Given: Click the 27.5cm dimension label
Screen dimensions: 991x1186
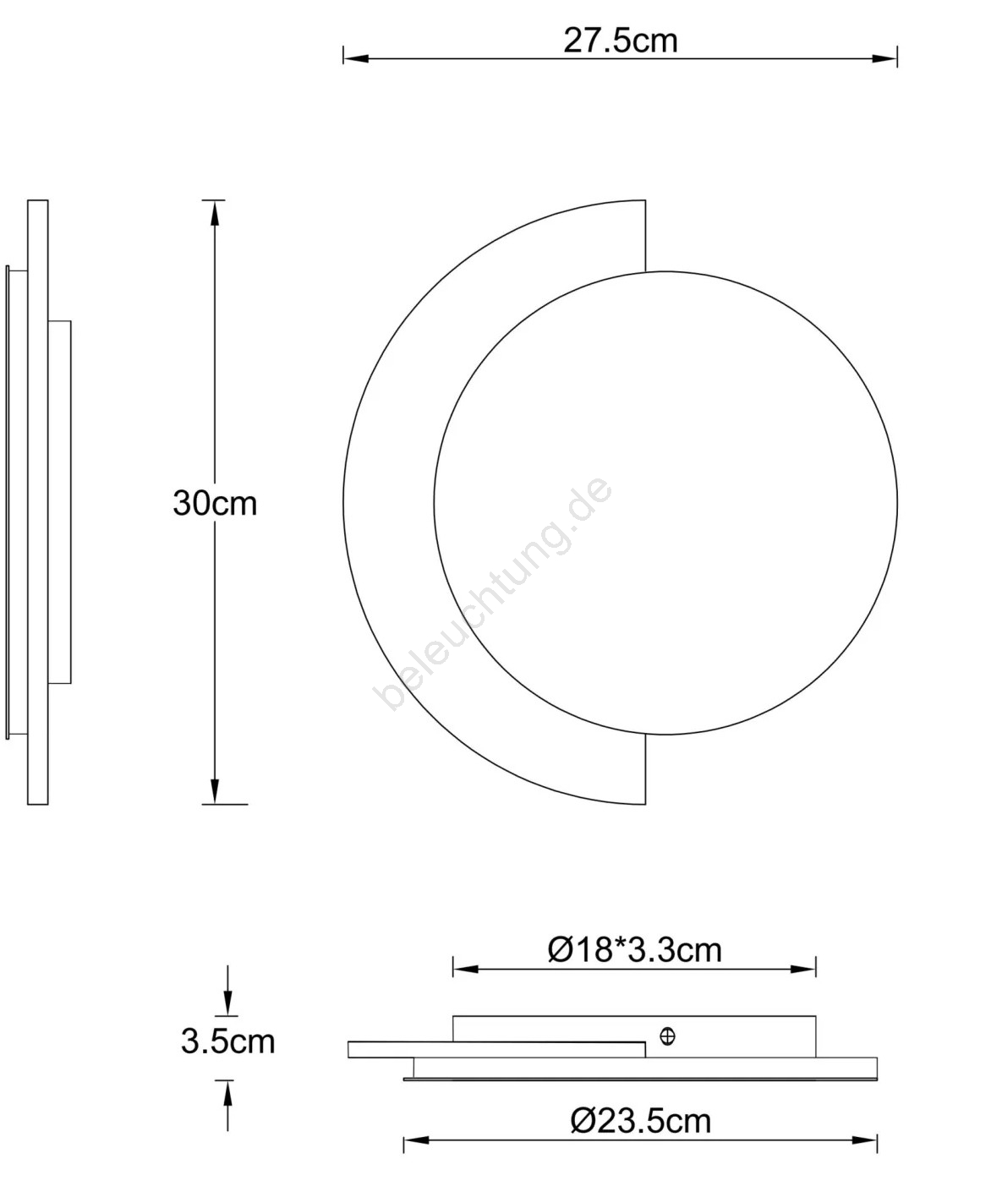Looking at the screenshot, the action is point(620,41).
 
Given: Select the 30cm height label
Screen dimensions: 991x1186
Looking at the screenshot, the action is point(215,503).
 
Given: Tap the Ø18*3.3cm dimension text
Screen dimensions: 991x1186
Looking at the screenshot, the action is point(635,950).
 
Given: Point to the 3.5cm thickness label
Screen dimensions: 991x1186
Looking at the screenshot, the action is point(227,1041).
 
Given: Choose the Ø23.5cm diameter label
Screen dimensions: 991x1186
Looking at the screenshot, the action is point(640,1121).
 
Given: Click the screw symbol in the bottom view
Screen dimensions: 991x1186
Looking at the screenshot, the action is point(667,1036).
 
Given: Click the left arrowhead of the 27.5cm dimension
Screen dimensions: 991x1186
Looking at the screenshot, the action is point(356,58).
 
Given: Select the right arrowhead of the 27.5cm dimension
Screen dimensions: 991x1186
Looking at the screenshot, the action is point(884,58).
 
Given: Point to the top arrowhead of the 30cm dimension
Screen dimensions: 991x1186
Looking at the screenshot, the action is point(214,213).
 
